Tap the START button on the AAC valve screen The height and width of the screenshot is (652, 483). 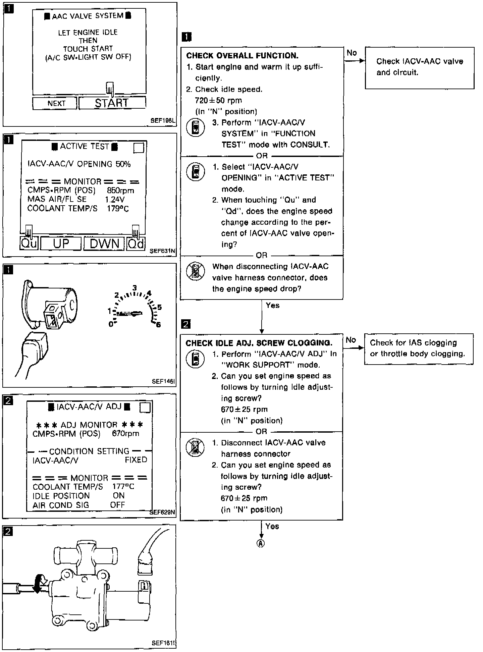(x=112, y=103)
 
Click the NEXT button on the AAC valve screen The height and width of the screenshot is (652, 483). (x=56, y=103)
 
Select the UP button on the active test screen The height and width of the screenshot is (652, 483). (x=61, y=243)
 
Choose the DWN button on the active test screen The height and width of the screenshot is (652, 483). (x=104, y=243)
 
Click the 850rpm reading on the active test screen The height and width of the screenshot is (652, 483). (x=120, y=191)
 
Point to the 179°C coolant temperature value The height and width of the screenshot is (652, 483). (x=117, y=209)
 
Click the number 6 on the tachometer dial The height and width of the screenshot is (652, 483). (x=158, y=324)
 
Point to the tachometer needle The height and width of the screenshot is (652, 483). (x=129, y=314)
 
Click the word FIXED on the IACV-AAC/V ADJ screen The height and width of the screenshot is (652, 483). (x=136, y=460)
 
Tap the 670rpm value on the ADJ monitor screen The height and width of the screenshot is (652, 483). (x=125, y=434)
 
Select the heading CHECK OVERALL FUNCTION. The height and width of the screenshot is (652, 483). (x=242, y=56)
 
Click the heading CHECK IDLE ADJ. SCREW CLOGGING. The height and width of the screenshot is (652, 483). (x=259, y=343)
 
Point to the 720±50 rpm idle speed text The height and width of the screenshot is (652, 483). (x=218, y=100)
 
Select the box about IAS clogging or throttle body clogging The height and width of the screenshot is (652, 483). (x=418, y=348)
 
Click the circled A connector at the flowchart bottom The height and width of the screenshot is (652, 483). (x=261, y=543)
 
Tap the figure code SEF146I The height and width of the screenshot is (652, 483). (x=163, y=381)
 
